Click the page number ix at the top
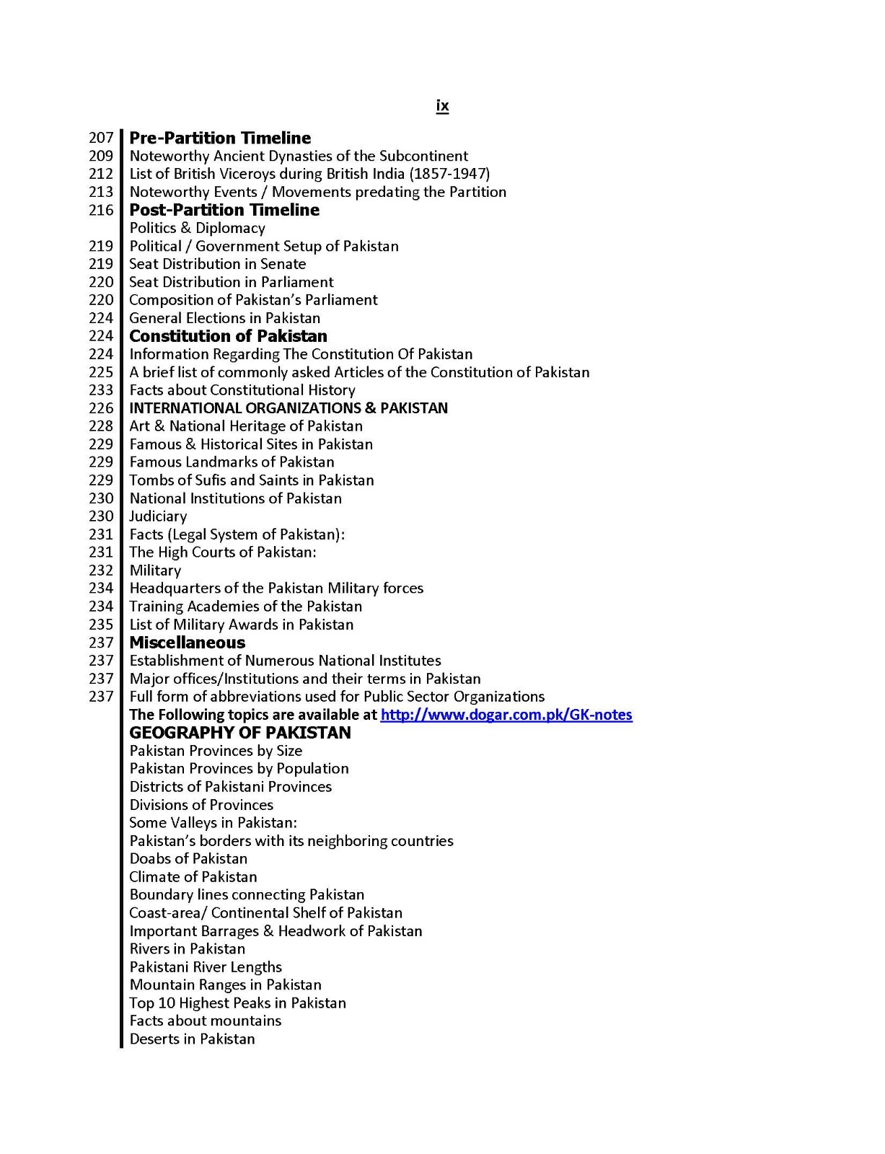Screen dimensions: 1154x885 442,106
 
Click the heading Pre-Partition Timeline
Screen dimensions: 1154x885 220,138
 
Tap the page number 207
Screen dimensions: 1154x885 101,138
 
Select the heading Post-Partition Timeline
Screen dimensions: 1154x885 224,210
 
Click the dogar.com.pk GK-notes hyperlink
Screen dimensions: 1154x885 506,715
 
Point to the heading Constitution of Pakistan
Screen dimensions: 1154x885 228,336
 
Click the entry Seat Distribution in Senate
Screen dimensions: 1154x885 217,264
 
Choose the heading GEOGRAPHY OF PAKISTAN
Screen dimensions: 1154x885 240,733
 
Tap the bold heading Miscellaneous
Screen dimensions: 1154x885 188,643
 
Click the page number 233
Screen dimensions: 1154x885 101,390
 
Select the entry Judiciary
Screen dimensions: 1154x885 158,516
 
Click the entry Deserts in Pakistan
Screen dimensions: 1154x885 192,1039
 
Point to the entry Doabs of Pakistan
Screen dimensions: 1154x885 188,859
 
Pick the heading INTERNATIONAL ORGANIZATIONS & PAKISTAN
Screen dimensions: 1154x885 289,408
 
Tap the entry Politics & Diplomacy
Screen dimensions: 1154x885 197,228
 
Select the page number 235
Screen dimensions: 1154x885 101,625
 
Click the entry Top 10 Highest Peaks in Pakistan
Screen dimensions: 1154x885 237,1003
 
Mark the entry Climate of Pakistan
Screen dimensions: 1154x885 193,877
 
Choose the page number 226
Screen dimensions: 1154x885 101,408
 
